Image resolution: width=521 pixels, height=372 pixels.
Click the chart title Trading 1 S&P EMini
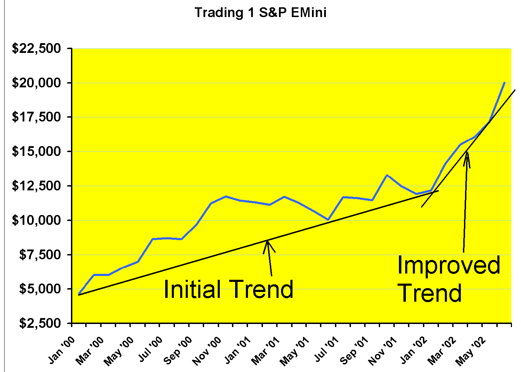pyautogui.click(x=260, y=13)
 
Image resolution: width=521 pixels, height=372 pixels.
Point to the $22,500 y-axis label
pyautogui.click(x=37, y=49)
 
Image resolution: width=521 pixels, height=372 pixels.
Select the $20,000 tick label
pyautogui.click(x=37, y=83)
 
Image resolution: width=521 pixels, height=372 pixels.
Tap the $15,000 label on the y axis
pyautogui.click(x=37, y=152)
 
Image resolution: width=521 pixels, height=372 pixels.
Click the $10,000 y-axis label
pyautogui.click(x=37, y=221)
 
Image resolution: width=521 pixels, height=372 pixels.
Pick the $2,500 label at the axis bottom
pyautogui.click(x=39, y=324)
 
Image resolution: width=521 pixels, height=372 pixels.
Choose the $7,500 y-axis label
pyautogui.click(x=39, y=255)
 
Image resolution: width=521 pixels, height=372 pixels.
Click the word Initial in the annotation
pyautogui.click(x=192, y=289)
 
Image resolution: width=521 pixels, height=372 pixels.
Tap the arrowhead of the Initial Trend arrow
pyautogui.click(x=267, y=241)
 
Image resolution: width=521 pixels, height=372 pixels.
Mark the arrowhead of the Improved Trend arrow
pyautogui.click(x=467, y=152)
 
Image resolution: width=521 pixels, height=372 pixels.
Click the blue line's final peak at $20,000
pyautogui.click(x=504, y=83)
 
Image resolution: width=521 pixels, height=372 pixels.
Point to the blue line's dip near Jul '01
pyautogui.click(x=328, y=220)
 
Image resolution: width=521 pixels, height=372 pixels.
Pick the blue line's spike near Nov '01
pyautogui.click(x=387, y=175)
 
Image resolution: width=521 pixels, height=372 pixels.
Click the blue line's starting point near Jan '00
pyautogui.click(x=79, y=294)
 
